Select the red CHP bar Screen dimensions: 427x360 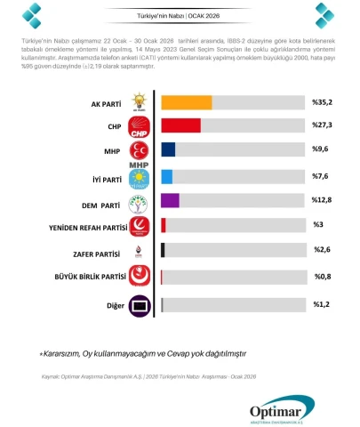(x=180, y=125)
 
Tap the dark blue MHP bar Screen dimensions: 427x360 (x=168, y=150)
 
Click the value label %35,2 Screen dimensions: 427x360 (x=323, y=102)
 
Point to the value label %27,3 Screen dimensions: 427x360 (x=323, y=125)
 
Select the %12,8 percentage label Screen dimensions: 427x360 (x=323, y=200)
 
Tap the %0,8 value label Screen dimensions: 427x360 (x=323, y=278)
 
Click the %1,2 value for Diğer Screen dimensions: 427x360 (x=322, y=304)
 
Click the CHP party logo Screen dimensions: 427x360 (x=140, y=126)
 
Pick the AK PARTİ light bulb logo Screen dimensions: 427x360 (x=140, y=101)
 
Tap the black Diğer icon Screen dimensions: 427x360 (x=140, y=306)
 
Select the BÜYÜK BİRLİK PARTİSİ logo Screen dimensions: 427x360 (x=140, y=278)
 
